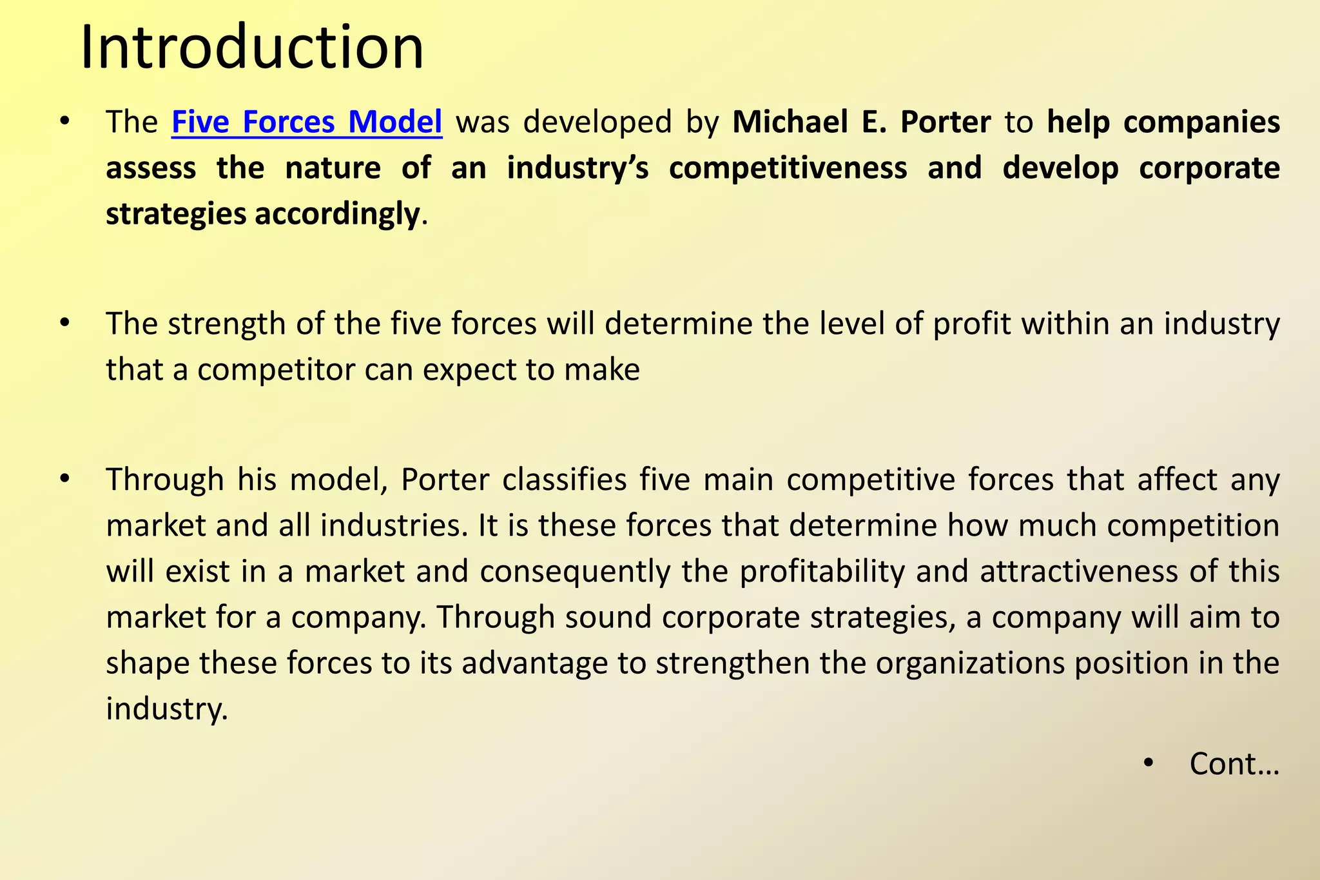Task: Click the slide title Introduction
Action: pos(252,47)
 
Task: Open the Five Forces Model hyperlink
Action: pos(307,122)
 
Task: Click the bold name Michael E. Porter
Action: pos(861,122)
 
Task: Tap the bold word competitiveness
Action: pos(788,168)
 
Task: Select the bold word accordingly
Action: pos(337,213)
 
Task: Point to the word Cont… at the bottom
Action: pos(1234,764)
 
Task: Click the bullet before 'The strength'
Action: pos(64,323)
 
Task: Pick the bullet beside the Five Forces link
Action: pos(64,122)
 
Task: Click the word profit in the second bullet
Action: pos(971,324)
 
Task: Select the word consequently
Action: pos(575,572)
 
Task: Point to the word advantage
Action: pos(535,663)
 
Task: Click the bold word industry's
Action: pos(577,168)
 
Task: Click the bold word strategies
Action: pos(175,213)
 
